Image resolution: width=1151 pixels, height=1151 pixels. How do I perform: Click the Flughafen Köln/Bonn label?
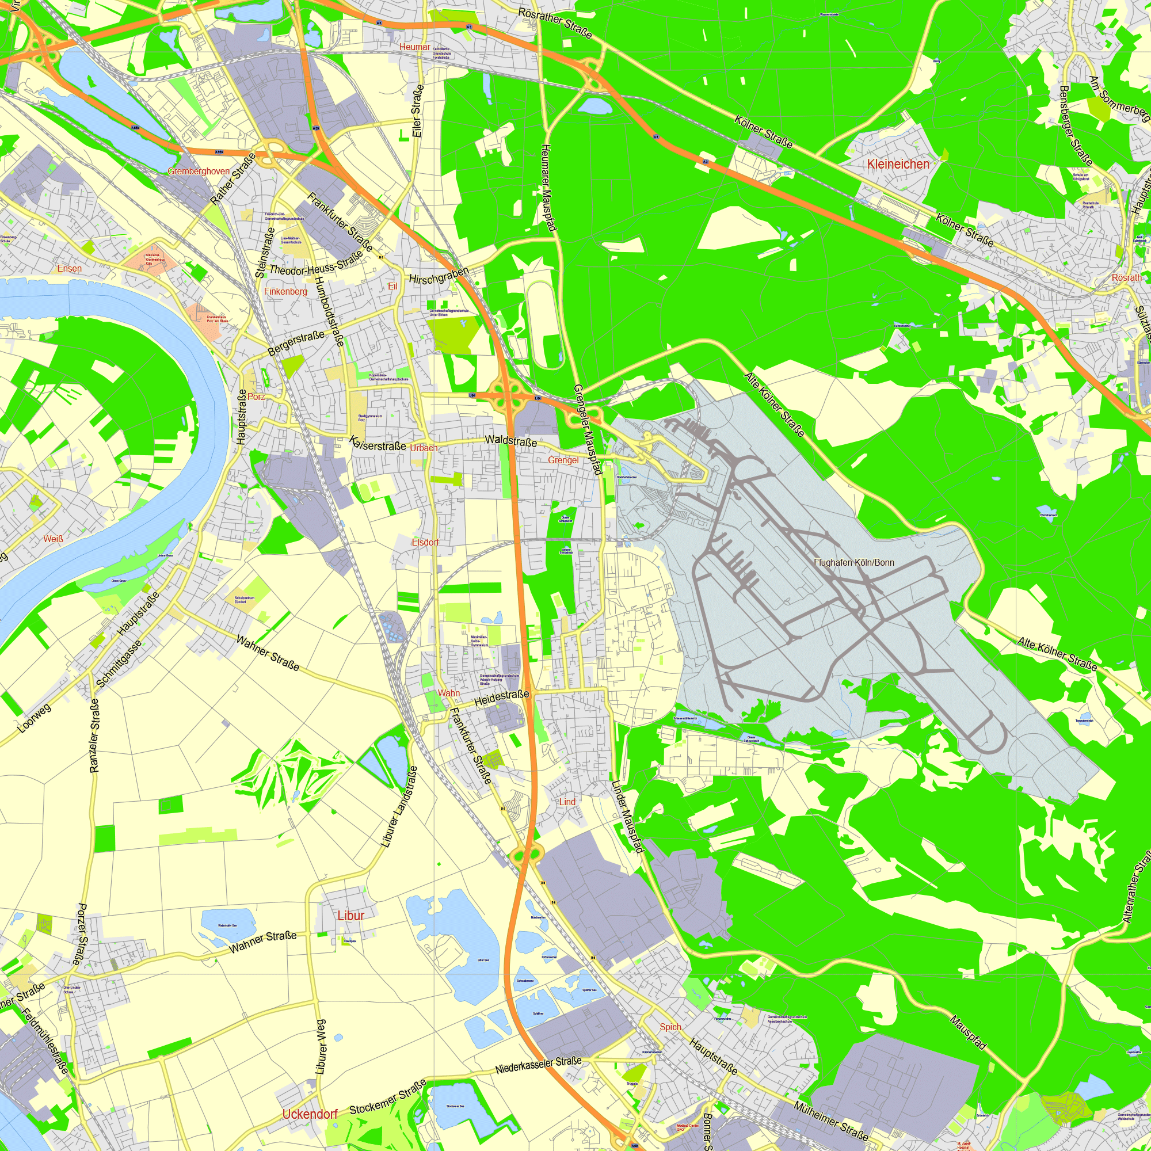pos(853,562)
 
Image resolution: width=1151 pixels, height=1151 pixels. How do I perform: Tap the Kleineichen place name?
pos(898,164)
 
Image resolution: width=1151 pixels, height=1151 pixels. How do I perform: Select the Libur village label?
pos(350,915)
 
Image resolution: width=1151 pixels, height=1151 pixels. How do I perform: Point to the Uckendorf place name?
pos(310,1114)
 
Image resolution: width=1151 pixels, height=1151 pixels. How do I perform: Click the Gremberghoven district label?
pos(199,171)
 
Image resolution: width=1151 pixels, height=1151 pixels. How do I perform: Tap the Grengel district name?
pos(563,460)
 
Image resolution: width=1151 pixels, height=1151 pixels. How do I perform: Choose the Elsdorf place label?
pos(425,542)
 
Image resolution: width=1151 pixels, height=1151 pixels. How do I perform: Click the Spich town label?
pos(670,1027)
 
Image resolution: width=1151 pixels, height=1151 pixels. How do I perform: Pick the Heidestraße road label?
pos(502,698)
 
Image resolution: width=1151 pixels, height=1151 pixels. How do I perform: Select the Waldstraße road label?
pos(510,441)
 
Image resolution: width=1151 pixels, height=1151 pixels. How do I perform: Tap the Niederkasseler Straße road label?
pos(539,1066)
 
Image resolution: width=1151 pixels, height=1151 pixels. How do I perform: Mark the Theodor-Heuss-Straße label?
pos(316,264)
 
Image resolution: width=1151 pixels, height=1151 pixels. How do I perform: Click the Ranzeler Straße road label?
pos(96,735)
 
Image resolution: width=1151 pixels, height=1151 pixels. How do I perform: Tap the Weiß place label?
pos(53,539)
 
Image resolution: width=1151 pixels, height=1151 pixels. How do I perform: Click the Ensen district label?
pos(70,269)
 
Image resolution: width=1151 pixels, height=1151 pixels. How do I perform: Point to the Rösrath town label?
pos(1127,277)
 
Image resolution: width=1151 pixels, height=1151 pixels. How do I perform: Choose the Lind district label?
pos(567,802)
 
